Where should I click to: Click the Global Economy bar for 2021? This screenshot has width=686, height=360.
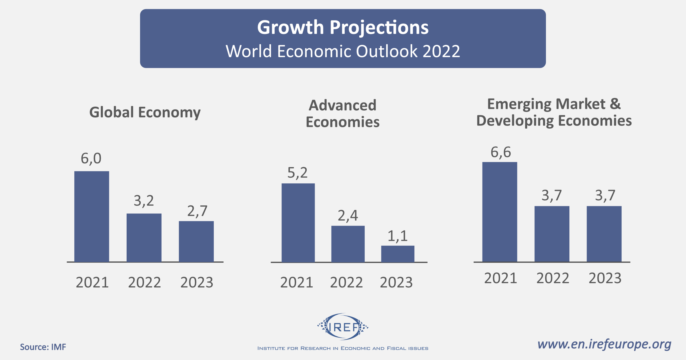point(91,216)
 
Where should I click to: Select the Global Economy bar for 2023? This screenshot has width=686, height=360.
point(196,241)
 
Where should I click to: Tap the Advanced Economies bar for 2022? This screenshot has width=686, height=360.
point(348,244)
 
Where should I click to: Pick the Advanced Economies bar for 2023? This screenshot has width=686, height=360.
point(398,254)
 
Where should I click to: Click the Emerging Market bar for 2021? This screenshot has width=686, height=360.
point(500,212)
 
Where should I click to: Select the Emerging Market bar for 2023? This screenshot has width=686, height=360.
point(604,234)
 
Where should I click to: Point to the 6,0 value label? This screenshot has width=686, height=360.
point(91,159)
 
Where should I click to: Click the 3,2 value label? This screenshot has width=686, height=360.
point(144,201)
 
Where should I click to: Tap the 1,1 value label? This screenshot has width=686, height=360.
point(398,236)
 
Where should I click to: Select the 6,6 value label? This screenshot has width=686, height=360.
point(500,152)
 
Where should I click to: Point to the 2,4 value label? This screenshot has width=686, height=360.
point(348,216)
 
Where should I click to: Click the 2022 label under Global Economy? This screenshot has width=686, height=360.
point(144,283)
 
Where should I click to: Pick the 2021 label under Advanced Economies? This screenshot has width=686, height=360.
point(297,283)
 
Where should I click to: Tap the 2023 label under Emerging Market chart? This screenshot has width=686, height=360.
point(605,278)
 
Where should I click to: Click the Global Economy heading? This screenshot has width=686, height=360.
point(145,112)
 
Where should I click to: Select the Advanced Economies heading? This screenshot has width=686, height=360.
point(342,114)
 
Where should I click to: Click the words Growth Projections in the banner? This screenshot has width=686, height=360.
point(343,27)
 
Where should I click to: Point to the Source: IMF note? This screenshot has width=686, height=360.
point(43,347)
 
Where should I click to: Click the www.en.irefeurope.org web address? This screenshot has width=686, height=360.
point(604,344)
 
